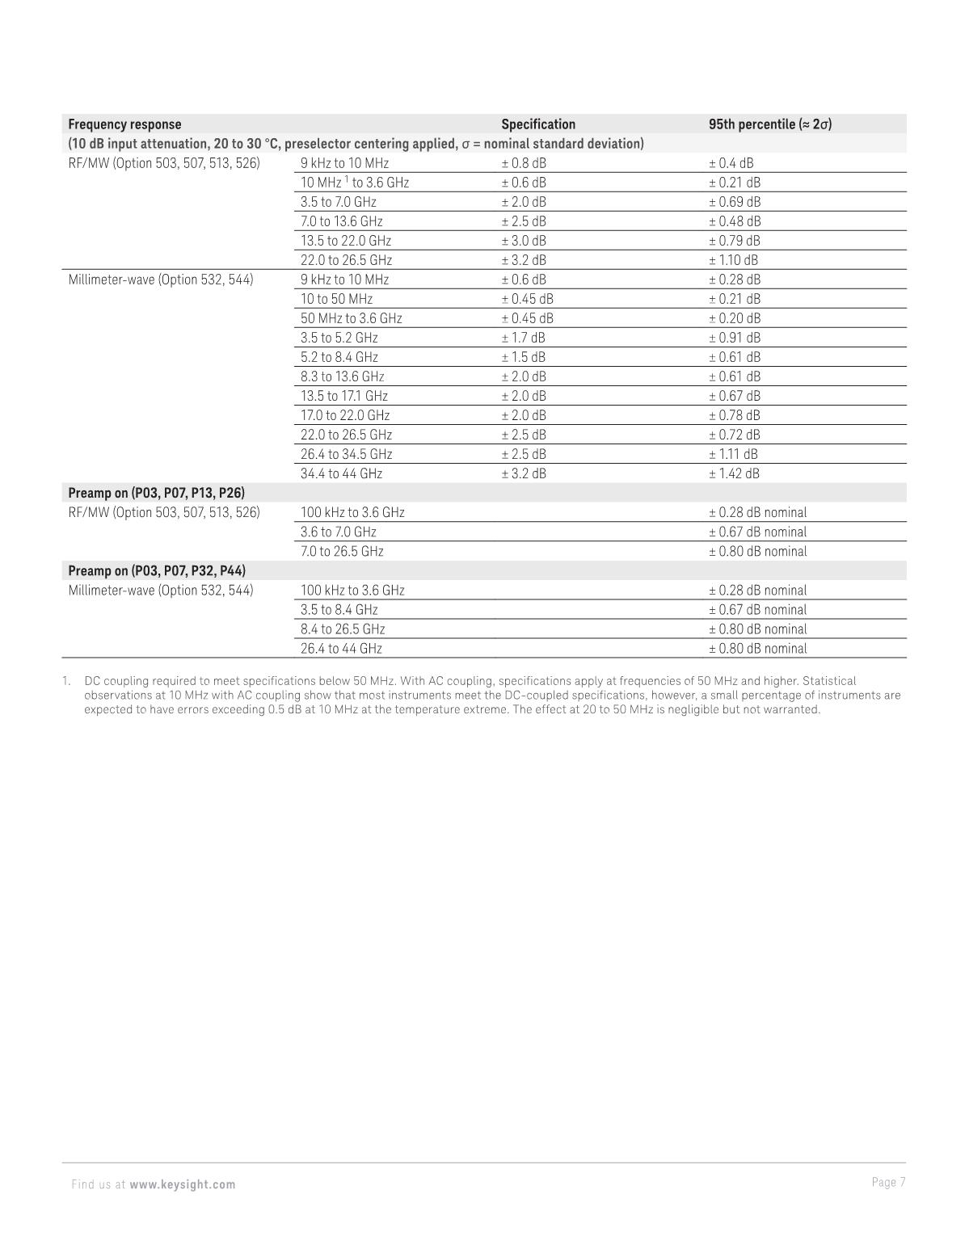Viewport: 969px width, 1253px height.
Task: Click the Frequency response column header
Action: click(124, 124)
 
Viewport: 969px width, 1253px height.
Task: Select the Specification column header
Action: click(538, 124)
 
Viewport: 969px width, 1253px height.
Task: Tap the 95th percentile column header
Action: click(769, 124)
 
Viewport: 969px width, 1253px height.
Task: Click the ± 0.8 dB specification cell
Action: click(524, 163)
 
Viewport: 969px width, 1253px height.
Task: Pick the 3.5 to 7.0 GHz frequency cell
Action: click(338, 202)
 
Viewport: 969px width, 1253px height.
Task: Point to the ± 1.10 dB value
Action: click(733, 260)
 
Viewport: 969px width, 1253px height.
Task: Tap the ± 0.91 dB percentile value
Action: click(734, 338)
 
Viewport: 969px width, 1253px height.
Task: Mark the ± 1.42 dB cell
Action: click(734, 473)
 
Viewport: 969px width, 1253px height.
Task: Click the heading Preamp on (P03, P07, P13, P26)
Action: click(156, 493)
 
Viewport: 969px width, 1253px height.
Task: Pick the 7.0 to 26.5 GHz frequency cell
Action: click(342, 552)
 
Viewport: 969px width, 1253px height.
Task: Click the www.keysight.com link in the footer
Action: click(183, 1184)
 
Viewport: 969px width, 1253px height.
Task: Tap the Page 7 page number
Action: click(888, 1183)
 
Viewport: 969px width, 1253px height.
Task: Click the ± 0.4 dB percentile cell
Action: click(731, 163)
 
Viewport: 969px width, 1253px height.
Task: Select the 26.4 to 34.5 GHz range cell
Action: click(346, 454)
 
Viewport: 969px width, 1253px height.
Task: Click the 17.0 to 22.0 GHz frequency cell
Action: click(345, 415)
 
